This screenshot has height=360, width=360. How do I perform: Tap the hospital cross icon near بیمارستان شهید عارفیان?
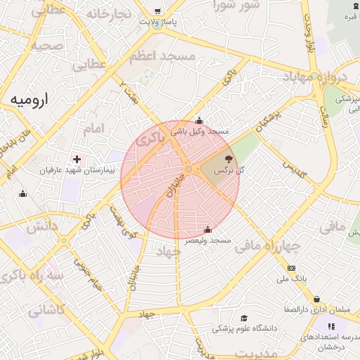[x=77, y=160]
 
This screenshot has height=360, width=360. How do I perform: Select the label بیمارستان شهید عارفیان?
[x=77, y=170]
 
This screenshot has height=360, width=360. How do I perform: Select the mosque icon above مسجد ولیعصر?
[x=207, y=230]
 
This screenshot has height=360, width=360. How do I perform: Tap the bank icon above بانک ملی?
[x=291, y=269]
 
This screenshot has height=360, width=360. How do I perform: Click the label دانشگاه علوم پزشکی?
[x=245, y=328]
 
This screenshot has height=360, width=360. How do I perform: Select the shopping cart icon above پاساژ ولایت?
[x=157, y=11]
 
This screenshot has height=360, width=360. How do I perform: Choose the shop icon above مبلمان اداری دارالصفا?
[x=316, y=299]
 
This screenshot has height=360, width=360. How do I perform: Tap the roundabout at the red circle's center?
[x=189, y=169]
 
